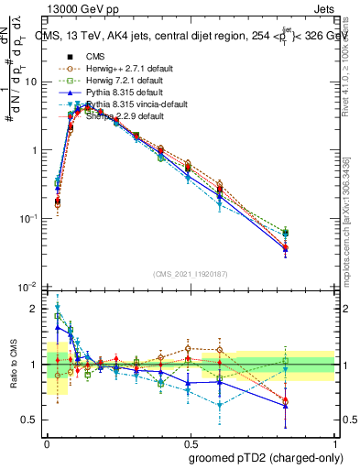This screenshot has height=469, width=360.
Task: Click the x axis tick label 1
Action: coord(334,440)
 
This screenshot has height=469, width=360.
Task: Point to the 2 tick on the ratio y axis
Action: coord(37,309)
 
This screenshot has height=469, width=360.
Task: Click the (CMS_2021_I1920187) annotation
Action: coord(191,274)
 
